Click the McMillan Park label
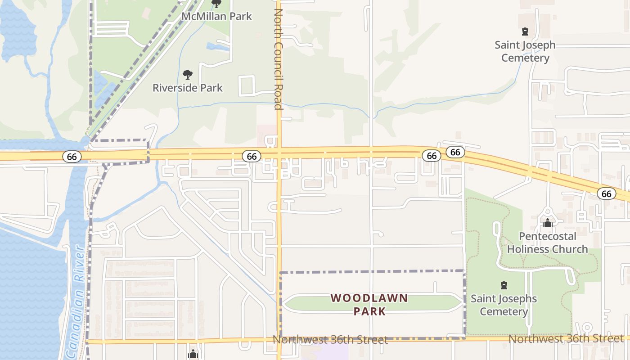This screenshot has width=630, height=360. click(x=216, y=17)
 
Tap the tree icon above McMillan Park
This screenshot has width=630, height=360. click(x=216, y=4)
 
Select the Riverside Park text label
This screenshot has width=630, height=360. click(x=187, y=88)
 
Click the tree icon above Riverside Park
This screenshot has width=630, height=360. click(x=188, y=75)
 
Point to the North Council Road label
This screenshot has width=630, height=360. click(x=278, y=58)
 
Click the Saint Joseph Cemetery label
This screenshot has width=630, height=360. click(x=525, y=51)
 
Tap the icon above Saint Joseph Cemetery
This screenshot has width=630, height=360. click(x=525, y=31)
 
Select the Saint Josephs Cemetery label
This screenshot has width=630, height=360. click(x=504, y=305)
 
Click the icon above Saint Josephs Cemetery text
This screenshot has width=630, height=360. click(x=504, y=285)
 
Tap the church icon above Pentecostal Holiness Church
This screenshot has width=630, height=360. click(x=547, y=223)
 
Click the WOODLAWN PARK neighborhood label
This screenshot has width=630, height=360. click(x=369, y=305)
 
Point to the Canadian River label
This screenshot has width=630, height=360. click(x=74, y=301)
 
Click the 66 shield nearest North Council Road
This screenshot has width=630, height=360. click(x=252, y=156)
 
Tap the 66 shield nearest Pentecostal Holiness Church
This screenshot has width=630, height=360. click(x=606, y=193)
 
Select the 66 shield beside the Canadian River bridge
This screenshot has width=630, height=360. click(x=71, y=157)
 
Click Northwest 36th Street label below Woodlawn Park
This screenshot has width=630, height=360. click(x=330, y=340)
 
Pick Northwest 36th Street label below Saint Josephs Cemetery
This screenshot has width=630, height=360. click(x=566, y=338)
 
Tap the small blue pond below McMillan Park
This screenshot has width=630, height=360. click(x=217, y=46)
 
